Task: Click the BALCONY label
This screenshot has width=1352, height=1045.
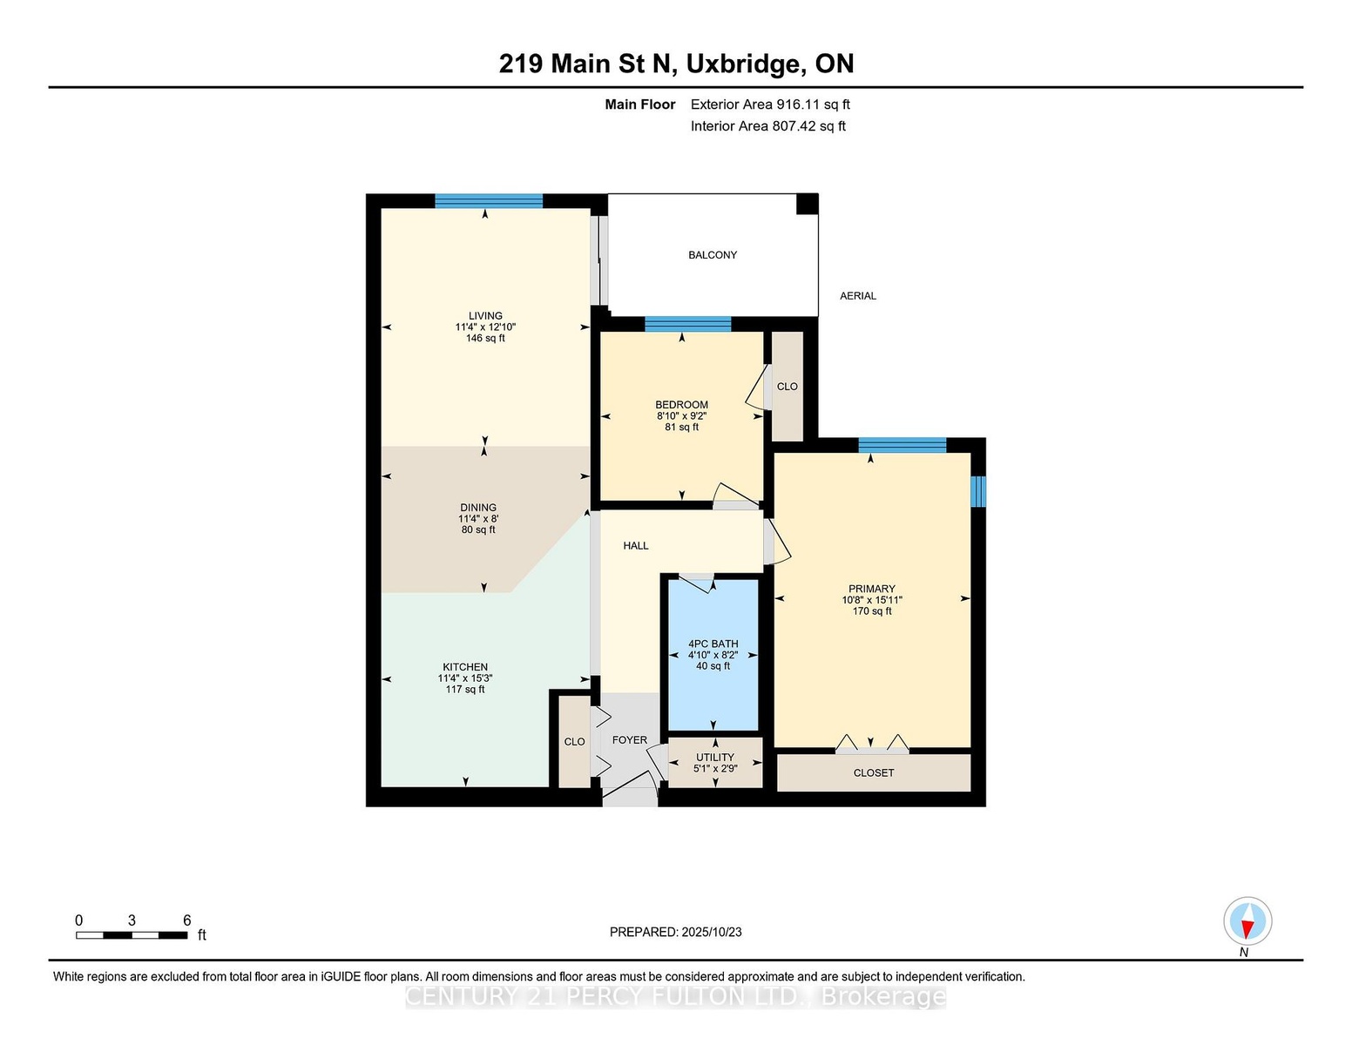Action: click(x=713, y=255)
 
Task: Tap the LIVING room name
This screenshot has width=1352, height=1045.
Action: click(x=485, y=316)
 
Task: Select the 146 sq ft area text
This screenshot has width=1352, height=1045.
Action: click(x=485, y=338)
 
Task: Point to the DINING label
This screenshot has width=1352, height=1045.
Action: click(x=478, y=508)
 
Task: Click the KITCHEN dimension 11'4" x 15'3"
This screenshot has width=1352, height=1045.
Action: click(x=465, y=678)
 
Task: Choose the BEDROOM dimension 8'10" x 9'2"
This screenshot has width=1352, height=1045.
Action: click(x=681, y=416)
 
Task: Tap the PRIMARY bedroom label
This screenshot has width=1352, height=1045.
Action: click(x=872, y=589)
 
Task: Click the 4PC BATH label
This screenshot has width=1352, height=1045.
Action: click(x=713, y=644)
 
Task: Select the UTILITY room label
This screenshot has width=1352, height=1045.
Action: click(x=715, y=757)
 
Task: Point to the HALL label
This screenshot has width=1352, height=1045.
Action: click(x=636, y=546)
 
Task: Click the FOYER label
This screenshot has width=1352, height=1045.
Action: click(x=630, y=739)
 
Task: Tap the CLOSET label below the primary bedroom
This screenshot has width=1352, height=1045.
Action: click(x=874, y=772)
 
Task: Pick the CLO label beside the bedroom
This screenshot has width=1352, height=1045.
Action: click(x=787, y=387)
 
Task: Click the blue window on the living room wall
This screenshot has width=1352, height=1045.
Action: click(x=489, y=201)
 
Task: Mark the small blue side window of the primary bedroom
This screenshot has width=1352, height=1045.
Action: click(x=978, y=491)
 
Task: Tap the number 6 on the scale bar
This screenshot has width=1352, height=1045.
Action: click(x=186, y=920)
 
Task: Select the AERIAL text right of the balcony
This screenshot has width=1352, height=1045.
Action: click(x=858, y=296)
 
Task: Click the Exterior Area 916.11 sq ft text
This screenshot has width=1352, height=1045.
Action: click(x=770, y=104)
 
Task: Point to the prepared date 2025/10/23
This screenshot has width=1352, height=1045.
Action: click(x=712, y=932)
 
